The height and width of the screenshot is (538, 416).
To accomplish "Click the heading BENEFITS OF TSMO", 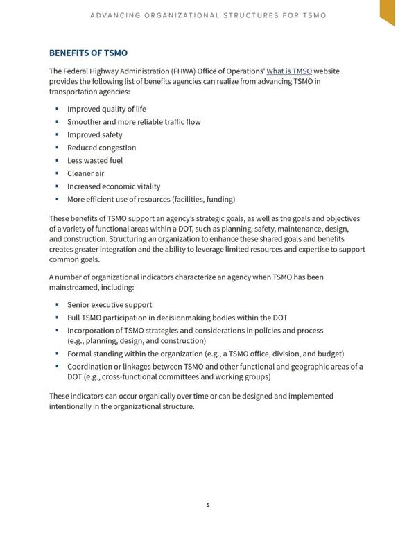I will (88, 53).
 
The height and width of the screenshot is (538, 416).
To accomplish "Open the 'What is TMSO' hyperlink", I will (289, 71).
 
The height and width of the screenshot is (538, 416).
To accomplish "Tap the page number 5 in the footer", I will (207, 505).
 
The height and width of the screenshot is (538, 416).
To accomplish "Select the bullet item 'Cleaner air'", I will (85, 173).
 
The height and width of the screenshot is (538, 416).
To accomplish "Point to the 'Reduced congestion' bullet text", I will (101, 148).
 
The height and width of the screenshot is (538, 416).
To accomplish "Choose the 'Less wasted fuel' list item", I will (95, 161).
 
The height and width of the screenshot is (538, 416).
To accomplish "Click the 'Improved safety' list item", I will (94, 135).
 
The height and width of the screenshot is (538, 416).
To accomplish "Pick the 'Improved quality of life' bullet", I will (106, 109).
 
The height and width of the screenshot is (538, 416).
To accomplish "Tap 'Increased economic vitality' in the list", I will (113, 186).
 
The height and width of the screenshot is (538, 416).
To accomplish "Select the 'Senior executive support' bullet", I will (109, 305).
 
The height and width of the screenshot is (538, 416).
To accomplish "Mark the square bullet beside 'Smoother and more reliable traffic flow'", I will (56, 122).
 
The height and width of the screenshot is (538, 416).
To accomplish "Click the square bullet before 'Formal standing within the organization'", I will (56, 354).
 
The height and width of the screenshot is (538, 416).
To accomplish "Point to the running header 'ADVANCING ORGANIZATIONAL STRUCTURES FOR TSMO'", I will (207, 15).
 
